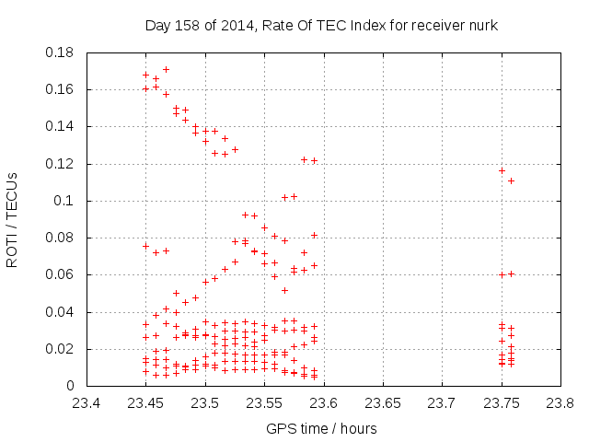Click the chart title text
321,26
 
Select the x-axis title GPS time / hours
321,429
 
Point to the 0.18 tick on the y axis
60,52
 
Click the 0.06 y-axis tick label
60,274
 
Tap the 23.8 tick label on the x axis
559,402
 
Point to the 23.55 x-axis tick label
264,402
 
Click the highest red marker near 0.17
166,69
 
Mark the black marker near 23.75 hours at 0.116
502,170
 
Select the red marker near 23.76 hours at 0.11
511,180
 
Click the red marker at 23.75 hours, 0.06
502,274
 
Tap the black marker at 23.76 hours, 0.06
512,273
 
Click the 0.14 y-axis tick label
60,126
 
